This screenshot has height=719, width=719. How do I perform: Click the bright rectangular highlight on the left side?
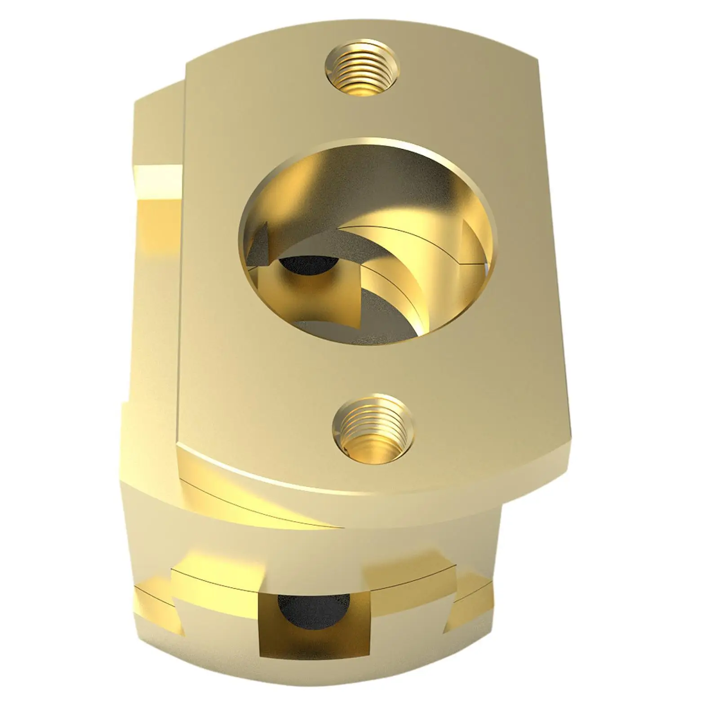tap(160, 173)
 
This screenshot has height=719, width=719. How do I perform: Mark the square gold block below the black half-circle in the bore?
tap(288, 292)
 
